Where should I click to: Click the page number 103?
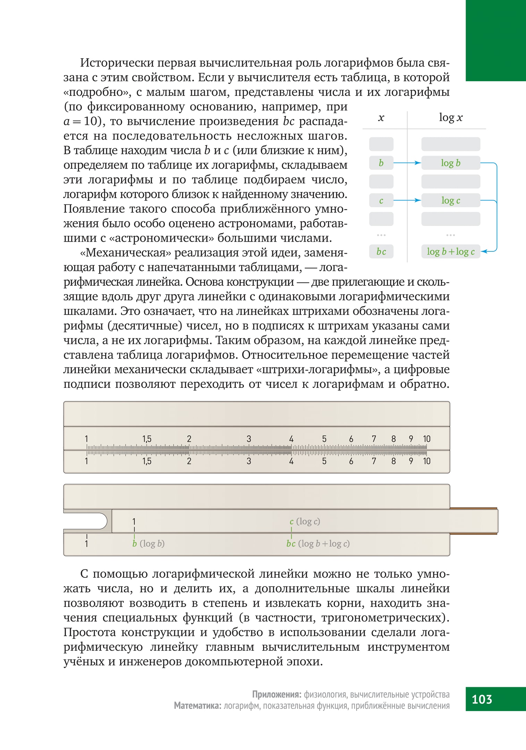(482, 699)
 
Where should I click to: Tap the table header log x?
(450, 118)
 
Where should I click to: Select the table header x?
(381, 118)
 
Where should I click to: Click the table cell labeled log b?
(450, 163)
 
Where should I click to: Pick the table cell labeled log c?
(450, 200)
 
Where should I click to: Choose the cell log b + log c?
(450, 252)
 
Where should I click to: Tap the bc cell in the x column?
(381, 252)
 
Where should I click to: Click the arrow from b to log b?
(407, 163)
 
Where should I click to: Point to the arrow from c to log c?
(407, 200)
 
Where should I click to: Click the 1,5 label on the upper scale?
(147, 439)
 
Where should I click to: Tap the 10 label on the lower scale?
(426, 461)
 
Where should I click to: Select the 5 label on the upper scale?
(324, 439)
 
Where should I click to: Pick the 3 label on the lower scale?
(249, 461)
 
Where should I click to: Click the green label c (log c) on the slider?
(305, 522)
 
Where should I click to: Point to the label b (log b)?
(148, 544)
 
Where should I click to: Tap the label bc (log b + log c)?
(318, 544)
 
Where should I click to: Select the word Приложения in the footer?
(277, 694)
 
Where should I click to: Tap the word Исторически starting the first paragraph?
(117, 63)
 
